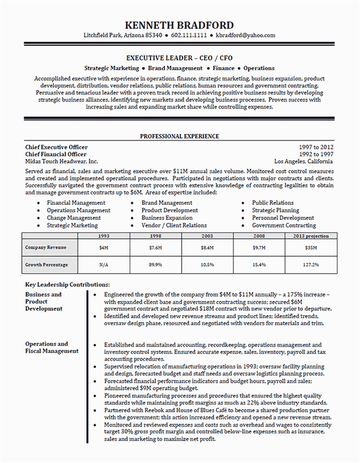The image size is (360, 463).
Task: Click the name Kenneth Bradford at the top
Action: (x=180, y=25)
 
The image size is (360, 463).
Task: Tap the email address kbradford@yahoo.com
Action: (x=250, y=36)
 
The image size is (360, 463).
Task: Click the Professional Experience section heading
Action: (x=180, y=136)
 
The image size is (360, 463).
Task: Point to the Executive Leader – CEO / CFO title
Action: (x=180, y=57)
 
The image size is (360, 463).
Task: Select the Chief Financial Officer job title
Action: (x=56, y=154)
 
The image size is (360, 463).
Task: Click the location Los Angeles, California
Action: (x=304, y=162)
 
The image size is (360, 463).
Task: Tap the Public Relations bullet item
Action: (x=272, y=203)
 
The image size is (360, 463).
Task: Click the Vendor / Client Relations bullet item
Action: (x=174, y=226)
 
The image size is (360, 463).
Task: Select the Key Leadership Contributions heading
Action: (x=67, y=284)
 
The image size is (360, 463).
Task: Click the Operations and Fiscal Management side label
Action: (x=51, y=348)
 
